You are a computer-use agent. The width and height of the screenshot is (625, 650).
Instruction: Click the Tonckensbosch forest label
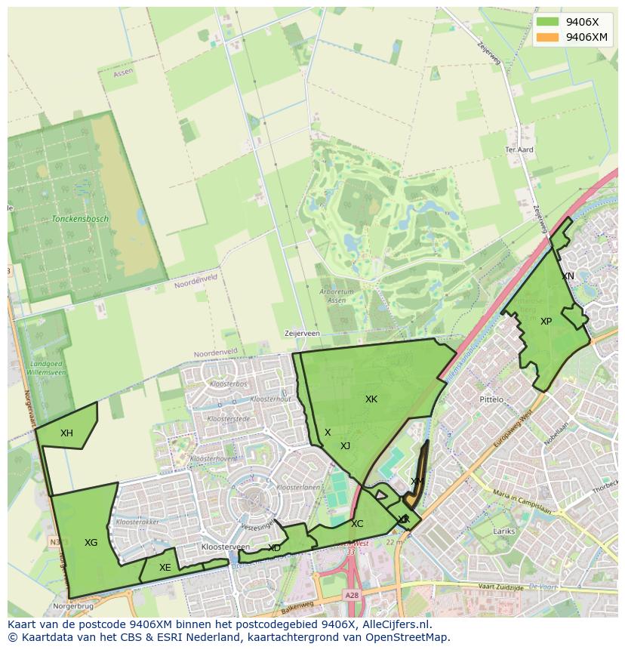pyautogui.click(x=80, y=219)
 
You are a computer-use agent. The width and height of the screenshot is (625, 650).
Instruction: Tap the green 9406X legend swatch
pyautogui.click(x=548, y=22)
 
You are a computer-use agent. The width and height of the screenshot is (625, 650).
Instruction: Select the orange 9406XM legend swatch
pyautogui.click(x=548, y=37)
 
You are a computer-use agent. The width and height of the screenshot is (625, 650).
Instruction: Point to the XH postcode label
pyautogui.click(x=67, y=433)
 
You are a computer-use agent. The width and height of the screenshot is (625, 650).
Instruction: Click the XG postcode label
pyautogui.click(x=91, y=542)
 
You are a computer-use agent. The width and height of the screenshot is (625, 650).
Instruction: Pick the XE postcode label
pyautogui.click(x=165, y=568)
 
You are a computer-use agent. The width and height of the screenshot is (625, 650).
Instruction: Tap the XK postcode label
pyautogui.click(x=371, y=399)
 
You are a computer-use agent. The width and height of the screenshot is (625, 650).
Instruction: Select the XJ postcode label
pyautogui.click(x=346, y=445)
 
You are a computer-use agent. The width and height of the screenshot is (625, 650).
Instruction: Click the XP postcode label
pyautogui.click(x=546, y=321)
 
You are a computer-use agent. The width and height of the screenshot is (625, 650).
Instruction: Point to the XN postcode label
pyautogui.click(x=568, y=276)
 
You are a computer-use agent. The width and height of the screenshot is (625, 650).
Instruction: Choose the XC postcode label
pyautogui.click(x=357, y=523)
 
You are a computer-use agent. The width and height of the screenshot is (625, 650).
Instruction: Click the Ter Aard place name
pyautogui.click(x=519, y=150)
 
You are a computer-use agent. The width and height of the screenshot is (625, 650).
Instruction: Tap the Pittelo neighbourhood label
pyautogui.click(x=491, y=399)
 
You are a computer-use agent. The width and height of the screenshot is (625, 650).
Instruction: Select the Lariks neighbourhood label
pyautogui.click(x=504, y=531)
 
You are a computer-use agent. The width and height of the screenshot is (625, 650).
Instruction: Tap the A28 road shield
pyautogui.click(x=353, y=596)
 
